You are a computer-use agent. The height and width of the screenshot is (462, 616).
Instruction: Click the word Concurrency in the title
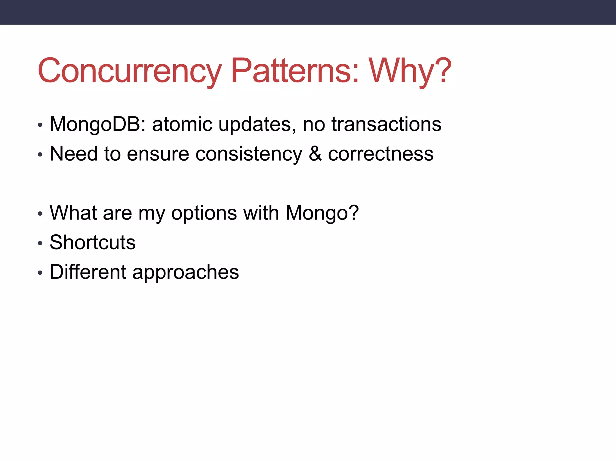(x=129, y=71)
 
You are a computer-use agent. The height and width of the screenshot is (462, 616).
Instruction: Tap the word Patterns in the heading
(x=295, y=71)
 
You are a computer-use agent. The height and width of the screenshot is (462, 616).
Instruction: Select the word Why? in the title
(x=410, y=71)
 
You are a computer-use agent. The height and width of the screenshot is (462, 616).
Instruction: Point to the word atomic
(x=182, y=124)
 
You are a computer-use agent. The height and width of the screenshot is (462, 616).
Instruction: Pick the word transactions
(x=386, y=124)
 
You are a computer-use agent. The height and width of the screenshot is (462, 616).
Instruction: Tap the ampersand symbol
(x=315, y=154)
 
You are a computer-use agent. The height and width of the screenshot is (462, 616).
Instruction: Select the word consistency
(x=249, y=154)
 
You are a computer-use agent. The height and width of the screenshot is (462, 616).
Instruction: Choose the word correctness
(x=380, y=154)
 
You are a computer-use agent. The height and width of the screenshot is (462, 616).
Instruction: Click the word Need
(x=74, y=154)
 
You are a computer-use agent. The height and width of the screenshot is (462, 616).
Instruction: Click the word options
(x=204, y=213)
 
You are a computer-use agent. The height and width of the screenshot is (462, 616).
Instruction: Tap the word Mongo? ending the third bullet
(x=322, y=213)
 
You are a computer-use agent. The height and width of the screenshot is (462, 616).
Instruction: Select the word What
(x=73, y=213)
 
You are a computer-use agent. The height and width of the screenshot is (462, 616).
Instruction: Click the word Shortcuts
(x=92, y=242)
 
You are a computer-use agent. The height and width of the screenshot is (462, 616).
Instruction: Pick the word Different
(x=88, y=272)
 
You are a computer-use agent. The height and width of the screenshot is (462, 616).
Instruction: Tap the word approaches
(x=186, y=272)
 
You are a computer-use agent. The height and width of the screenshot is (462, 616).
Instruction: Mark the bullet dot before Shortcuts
(x=40, y=243)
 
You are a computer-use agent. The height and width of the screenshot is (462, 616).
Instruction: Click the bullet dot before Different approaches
(x=40, y=273)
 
